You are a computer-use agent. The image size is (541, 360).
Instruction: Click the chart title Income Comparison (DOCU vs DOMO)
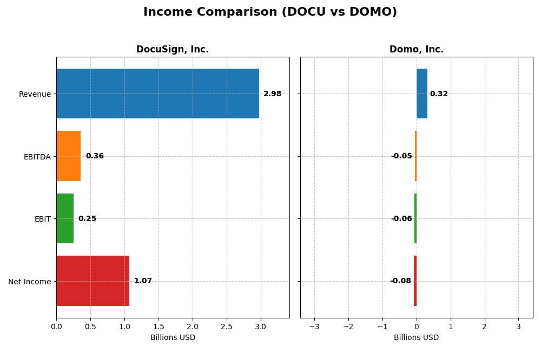pos(270,12)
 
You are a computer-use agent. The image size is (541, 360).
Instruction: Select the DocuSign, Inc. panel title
pos(172,49)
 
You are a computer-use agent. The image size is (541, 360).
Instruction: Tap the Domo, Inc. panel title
pos(416,49)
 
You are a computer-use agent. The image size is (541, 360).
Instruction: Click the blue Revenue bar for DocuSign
pos(157,94)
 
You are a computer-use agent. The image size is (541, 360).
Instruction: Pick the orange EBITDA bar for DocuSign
pos(68,156)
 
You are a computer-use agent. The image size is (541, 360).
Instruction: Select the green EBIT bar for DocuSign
pos(65,218)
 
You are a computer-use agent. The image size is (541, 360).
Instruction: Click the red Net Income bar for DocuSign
pos(93,281)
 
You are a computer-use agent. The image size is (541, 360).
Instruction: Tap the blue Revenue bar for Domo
pos(422,94)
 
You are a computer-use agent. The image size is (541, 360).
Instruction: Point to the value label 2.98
pos(272,94)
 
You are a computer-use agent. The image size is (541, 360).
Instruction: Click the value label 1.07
pos(143,281)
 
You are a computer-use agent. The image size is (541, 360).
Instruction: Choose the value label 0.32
pos(439,94)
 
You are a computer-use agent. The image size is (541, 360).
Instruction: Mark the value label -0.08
pos(400,281)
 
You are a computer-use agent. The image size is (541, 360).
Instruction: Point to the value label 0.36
pos(95,156)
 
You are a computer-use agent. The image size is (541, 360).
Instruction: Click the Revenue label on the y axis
pos(35,94)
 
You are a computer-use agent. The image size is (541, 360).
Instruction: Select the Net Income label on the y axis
pos(29,282)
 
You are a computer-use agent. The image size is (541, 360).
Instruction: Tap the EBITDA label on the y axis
pos(37,157)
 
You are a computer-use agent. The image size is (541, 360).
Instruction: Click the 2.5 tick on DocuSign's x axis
pos(227,326)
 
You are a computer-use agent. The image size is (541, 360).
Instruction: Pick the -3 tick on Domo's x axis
pos(314,326)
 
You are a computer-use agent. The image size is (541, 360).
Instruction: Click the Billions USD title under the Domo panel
pos(416,337)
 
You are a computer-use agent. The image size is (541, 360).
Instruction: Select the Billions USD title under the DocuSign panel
pos(173,337)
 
